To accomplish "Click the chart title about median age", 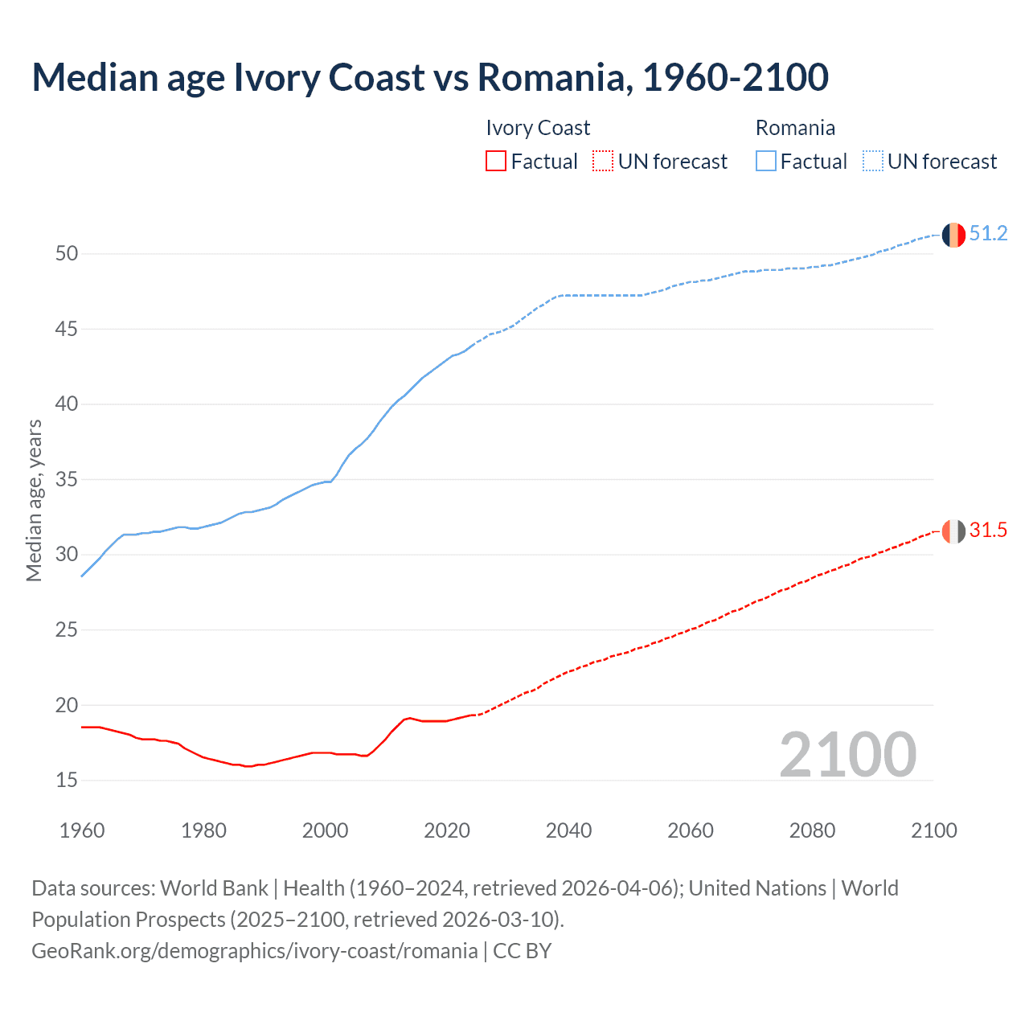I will (x=430, y=77).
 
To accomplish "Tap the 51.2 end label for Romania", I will (x=988, y=234).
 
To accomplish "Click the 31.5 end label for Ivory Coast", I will (x=988, y=531).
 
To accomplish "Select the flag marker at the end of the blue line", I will (x=953, y=235).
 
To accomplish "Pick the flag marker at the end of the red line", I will (x=953, y=531).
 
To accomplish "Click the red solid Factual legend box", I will (x=496, y=162).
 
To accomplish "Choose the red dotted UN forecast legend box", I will (x=603, y=162).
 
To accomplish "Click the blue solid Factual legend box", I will (x=766, y=162).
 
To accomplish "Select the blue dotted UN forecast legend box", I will (x=872, y=162).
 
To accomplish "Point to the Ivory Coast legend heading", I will (x=538, y=128).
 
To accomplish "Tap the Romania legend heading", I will (x=795, y=128).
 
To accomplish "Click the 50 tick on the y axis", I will (x=67, y=254).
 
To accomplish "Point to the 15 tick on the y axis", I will (x=67, y=781).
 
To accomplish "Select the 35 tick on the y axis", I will (x=67, y=480).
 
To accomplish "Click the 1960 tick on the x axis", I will (x=82, y=830).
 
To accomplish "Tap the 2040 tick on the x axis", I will (x=568, y=830).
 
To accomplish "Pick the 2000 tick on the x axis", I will (x=325, y=830).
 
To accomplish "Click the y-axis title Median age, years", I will (x=34, y=500).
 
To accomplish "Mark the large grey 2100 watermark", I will (x=847, y=755).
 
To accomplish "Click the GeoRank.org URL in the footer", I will (x=254, y=951).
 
